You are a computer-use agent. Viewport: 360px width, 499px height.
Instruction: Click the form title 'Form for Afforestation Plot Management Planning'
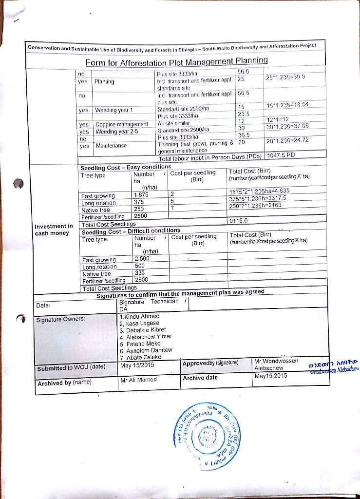[177, 62]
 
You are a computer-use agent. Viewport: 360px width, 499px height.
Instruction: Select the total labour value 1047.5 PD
[282, 156]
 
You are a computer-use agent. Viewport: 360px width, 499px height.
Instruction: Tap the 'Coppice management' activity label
[121, 124]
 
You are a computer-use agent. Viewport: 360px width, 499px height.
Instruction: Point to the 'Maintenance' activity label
[111, 145]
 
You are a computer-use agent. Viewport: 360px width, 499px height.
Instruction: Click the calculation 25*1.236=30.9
[285, 77]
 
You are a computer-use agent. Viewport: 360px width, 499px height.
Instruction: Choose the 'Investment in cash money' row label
[54, 230]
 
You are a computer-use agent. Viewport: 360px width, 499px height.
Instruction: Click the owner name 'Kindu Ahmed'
[140, 316]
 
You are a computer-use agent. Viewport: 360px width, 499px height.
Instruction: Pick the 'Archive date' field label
[200, 378]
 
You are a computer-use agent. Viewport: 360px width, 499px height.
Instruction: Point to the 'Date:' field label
[43, 306]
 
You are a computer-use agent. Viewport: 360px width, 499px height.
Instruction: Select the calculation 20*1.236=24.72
[287, 140]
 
